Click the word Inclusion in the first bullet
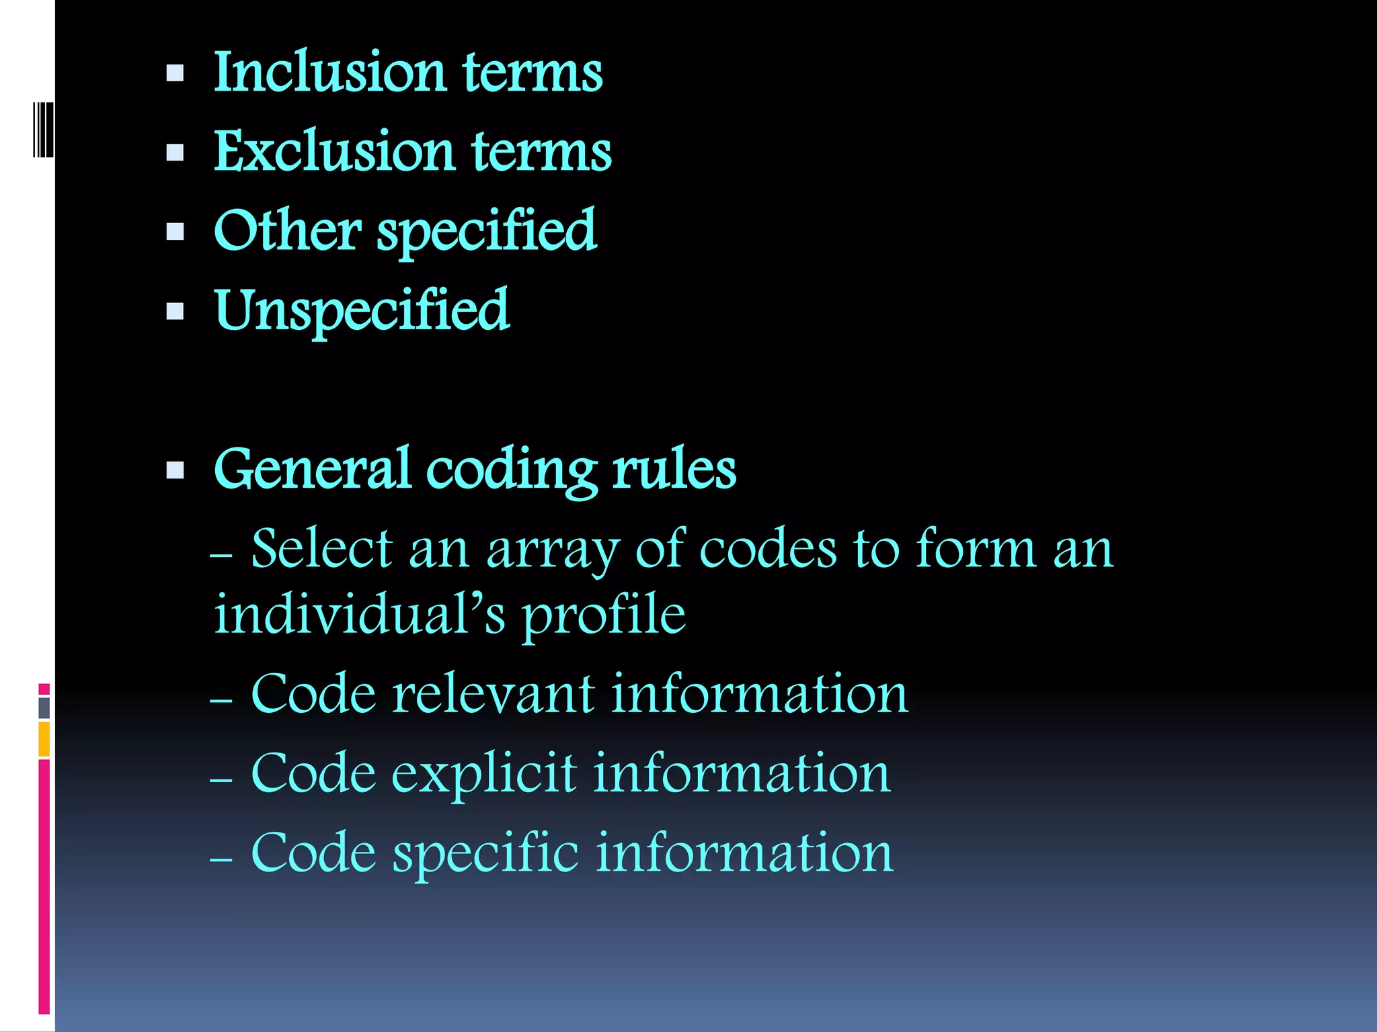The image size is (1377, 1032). click(x=329, y=72)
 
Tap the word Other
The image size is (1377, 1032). click(x=287, y=230)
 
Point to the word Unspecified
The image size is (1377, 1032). click(x=362, y=310)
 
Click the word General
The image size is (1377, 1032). click(x=312, y=469)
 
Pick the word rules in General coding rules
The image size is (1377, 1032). click(x=674, y=469)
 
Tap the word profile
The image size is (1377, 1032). click(x=604, y=615)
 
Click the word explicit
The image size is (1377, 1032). click(x=484, y=774)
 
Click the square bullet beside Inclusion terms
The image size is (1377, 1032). click(x=175, y=73)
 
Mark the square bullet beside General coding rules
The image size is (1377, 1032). click(x=175, y=470)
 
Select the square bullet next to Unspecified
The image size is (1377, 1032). click(x=175, y=311)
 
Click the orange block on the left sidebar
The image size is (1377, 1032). click(x=44, y=738)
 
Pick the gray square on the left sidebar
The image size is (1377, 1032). click(x=44, y=707)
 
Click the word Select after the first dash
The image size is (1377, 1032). click(x=321, y=549)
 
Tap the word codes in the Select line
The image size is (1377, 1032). click(x=768, y=549)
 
